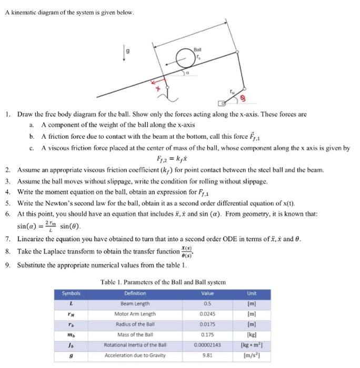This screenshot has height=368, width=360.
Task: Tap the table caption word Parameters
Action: coord(142,282)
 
